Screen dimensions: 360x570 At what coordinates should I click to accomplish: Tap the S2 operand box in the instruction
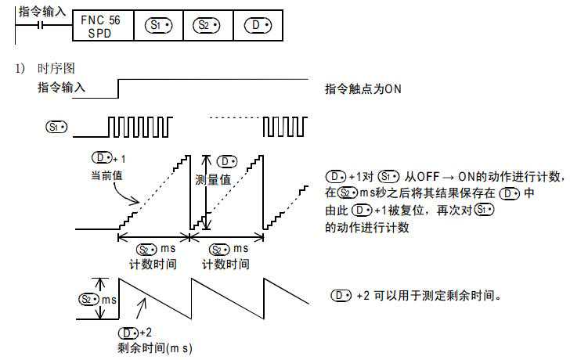point(207,27)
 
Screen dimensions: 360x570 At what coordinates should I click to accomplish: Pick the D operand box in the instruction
point(258,27)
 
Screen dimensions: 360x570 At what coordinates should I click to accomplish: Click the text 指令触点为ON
point(363,89)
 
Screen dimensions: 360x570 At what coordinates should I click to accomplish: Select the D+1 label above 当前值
point(108,159)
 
